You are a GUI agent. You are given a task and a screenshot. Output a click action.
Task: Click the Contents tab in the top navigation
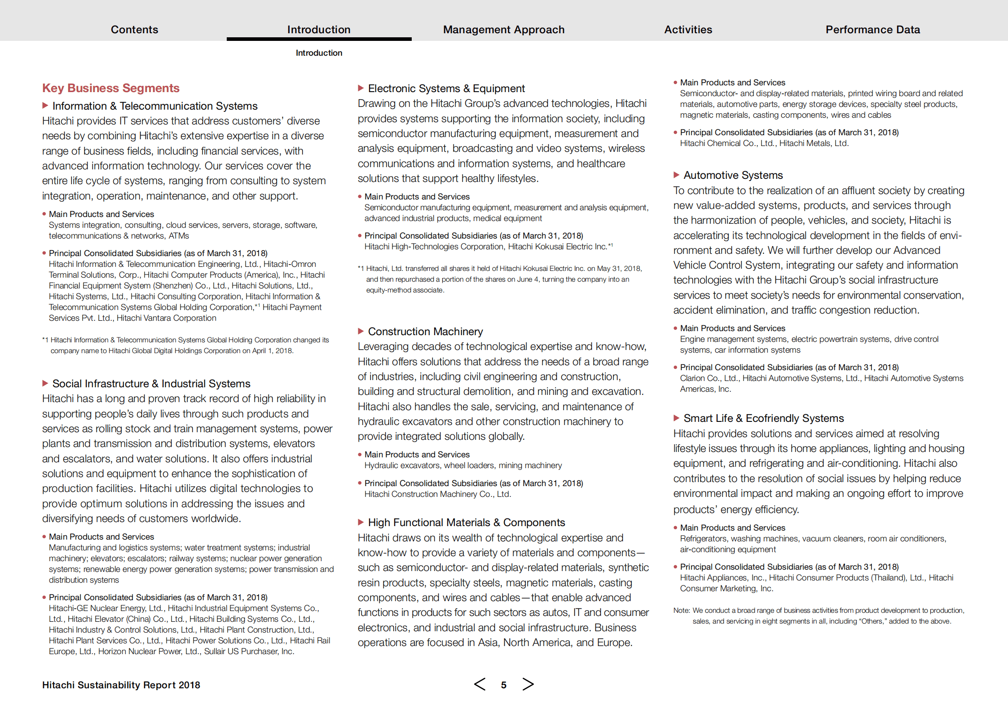click(134, 30)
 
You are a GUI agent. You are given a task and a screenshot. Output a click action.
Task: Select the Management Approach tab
click(503, 30)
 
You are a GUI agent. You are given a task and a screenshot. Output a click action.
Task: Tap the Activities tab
click(688, 30)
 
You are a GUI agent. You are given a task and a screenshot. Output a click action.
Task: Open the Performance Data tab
click(872, 30)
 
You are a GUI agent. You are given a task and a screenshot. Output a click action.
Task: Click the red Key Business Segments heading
click(111, 88)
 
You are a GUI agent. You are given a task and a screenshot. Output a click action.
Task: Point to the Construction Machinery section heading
click(425, 332)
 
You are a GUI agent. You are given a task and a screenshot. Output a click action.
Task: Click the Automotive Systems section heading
click(733, 175)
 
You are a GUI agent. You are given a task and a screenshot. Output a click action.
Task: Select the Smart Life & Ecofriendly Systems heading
click(763, 418)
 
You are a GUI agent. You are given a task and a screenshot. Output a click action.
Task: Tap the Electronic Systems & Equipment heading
click(446, 89)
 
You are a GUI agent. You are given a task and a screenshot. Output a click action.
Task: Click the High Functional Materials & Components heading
click(466, 523)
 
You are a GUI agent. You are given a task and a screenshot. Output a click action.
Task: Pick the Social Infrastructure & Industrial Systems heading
click(151, 384)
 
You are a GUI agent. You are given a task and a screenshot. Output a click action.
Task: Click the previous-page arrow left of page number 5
click(480, 684)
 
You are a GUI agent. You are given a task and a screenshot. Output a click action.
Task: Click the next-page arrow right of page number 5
click(528, 684)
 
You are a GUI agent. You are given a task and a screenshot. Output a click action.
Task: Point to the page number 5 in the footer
click(504, 685)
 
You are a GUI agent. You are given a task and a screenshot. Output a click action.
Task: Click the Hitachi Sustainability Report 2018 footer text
click(121, 685)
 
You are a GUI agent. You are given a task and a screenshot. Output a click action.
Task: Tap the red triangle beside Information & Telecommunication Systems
click(45, 106)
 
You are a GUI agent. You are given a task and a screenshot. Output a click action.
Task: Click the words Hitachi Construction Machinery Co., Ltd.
click(438, 494)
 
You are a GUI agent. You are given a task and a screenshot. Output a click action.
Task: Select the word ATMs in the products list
click(179, 236)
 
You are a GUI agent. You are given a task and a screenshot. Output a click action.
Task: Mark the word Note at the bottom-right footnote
click(681, 611)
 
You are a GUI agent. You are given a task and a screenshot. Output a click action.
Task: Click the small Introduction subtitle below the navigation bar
click(319, 53)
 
